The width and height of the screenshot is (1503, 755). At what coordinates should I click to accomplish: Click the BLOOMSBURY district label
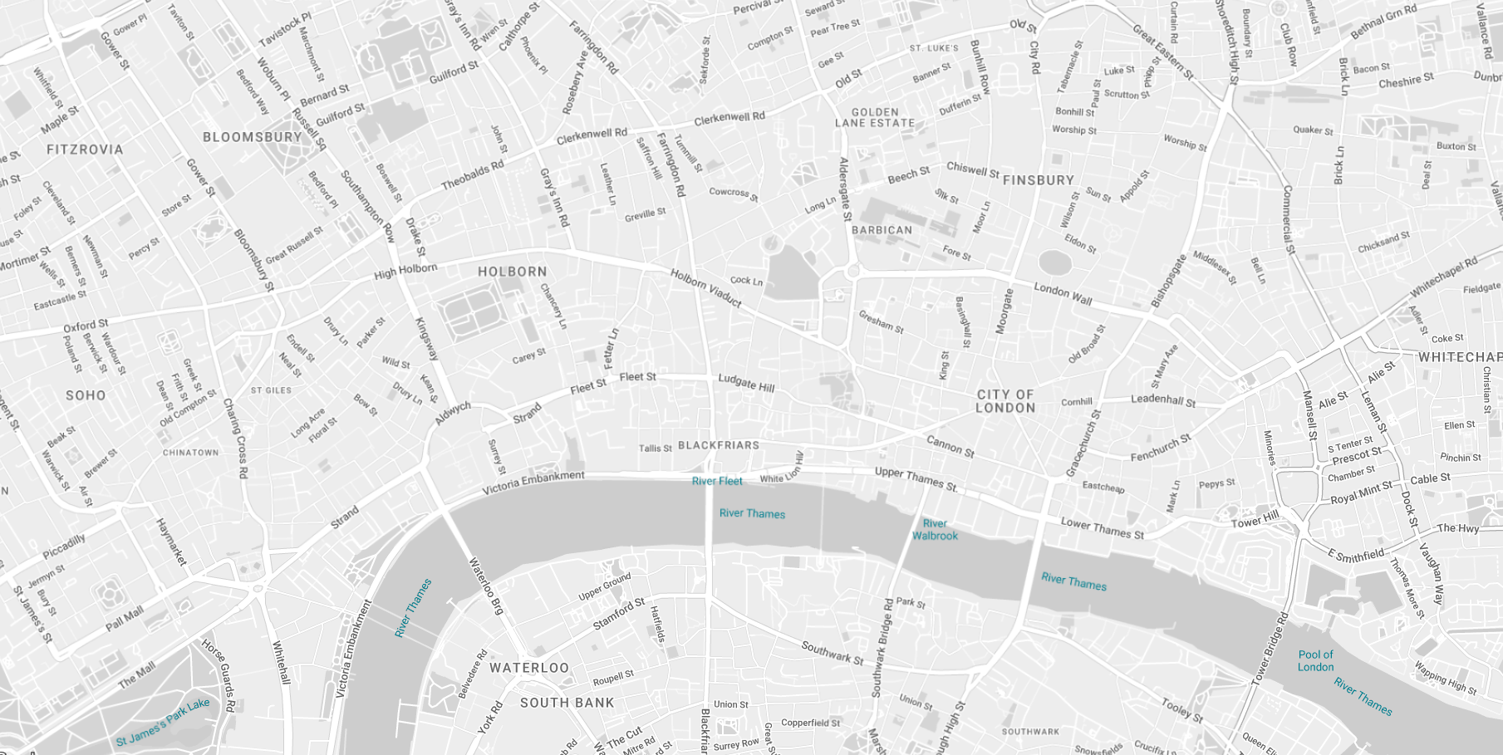[253, 137]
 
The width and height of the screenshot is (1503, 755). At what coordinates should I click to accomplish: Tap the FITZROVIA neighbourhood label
[85, 150]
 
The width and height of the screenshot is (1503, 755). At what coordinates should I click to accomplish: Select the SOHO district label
[86, 395]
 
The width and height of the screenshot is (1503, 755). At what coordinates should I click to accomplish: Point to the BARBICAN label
[882, 230]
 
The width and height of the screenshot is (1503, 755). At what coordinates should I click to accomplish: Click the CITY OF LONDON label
[1005, 401]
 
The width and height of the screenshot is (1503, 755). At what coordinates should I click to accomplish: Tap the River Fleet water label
[717, 481]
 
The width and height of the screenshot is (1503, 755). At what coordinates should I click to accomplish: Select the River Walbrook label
[935, 530]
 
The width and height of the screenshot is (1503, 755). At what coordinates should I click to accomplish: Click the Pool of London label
[1315, 661]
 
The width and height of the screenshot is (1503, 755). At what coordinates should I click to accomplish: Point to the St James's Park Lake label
[163, 723]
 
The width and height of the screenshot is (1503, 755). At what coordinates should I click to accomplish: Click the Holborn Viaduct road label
[705, 288]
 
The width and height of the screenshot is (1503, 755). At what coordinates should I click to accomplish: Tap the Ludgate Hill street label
[746, 383]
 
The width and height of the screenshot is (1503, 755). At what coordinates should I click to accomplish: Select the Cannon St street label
[950, 446]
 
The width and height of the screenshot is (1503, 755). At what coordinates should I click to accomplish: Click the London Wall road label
[1063, 293]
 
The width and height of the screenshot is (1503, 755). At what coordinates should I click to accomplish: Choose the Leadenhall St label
[1163, 400]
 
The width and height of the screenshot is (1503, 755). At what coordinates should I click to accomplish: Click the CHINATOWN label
[190, 453]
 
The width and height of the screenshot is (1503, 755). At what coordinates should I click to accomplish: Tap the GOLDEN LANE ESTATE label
[875, 117]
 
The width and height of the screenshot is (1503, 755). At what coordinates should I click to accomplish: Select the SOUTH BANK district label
[567, 703]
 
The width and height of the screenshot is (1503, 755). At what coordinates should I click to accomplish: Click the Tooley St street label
[1181, 710]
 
